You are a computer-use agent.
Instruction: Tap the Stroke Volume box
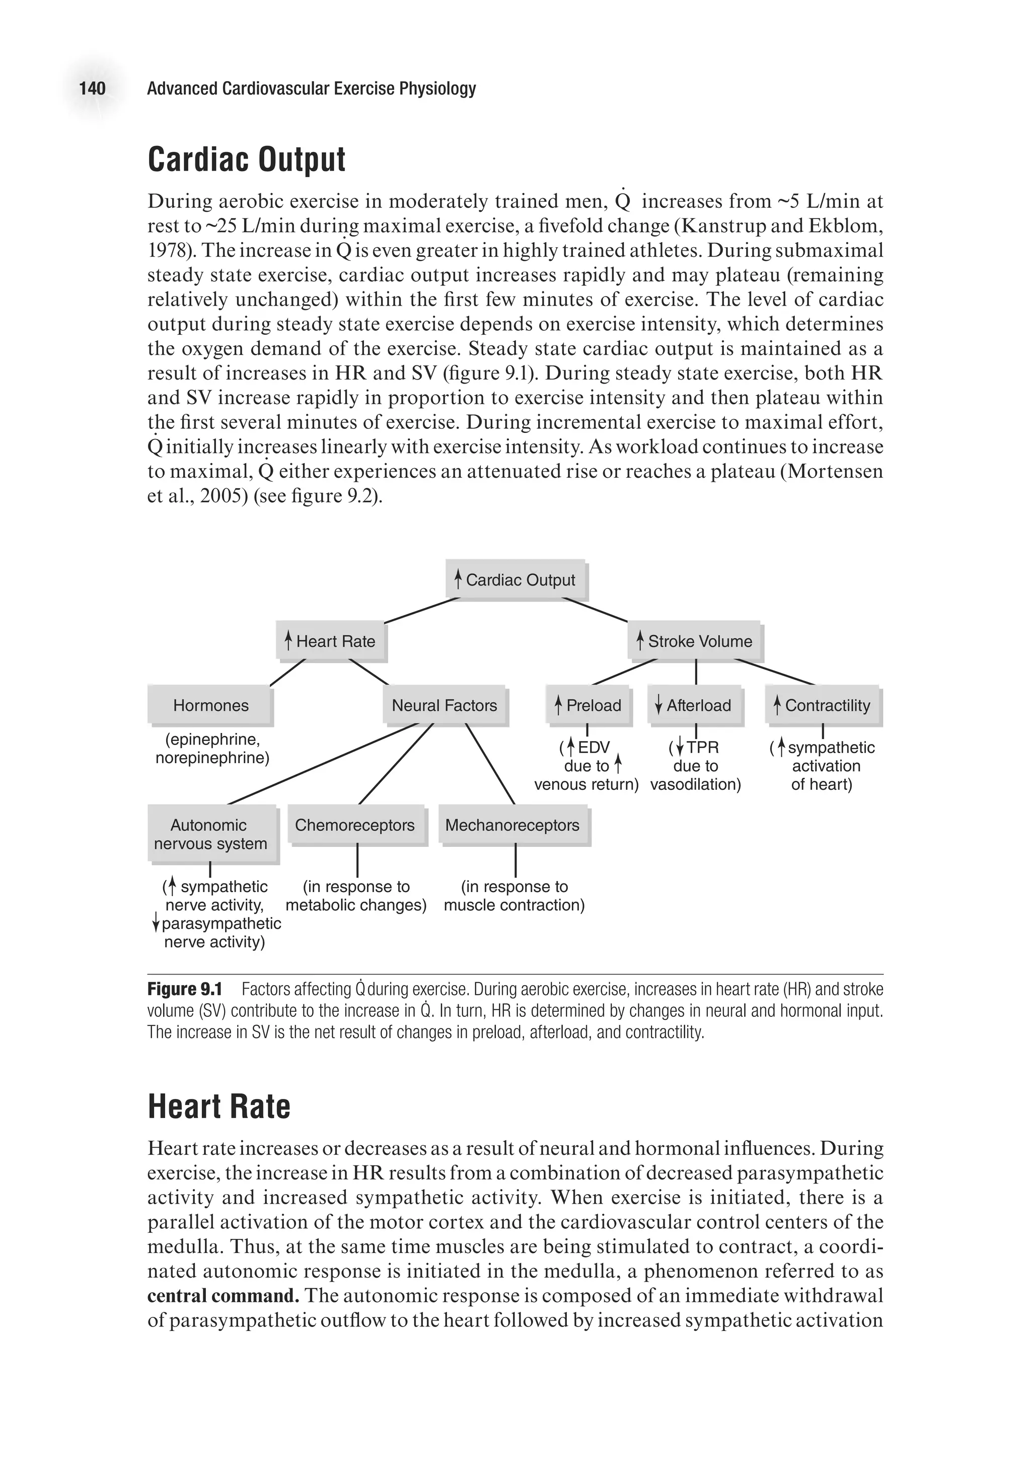tap(694, 640)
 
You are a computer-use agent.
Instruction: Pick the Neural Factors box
tap(445, 705)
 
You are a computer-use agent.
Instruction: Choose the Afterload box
tap(695, 705)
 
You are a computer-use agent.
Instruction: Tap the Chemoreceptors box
tap(355, 825)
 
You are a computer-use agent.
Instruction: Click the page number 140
tap(93, 88)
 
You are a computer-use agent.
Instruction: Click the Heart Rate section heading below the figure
tap(219, 1106)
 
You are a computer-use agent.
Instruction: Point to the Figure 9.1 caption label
tap(185, 989)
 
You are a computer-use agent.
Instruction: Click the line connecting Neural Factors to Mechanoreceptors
tap(490, 764)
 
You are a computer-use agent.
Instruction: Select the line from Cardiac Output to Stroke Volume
tap(595, 610)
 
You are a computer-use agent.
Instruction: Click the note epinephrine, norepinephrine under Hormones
tap(212, 749)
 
